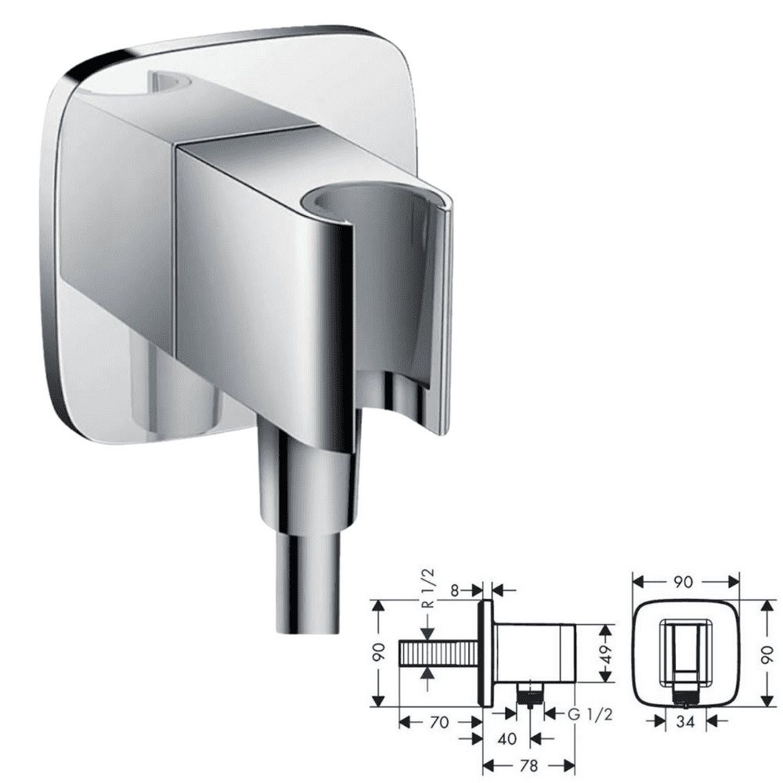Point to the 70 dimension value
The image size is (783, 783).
point(439,722)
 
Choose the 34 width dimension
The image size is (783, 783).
point(686,721)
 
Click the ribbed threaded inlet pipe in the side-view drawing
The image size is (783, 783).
point(438,651)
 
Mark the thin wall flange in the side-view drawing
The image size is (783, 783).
point(485,653)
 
